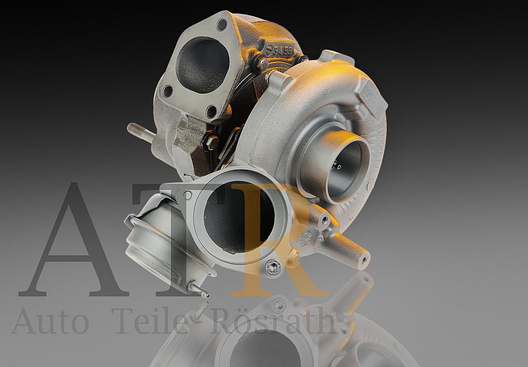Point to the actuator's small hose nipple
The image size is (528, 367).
(198, 290)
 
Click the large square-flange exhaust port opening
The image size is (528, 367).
(202, 63)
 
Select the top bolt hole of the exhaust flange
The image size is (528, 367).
(222, 25)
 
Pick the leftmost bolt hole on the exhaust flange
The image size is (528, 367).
(167, 91)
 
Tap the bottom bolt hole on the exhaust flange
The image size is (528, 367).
(211, 110)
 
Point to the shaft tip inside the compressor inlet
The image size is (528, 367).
(338, 166)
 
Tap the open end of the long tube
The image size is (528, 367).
(364, 257)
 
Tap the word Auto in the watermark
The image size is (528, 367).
(50, 321)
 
